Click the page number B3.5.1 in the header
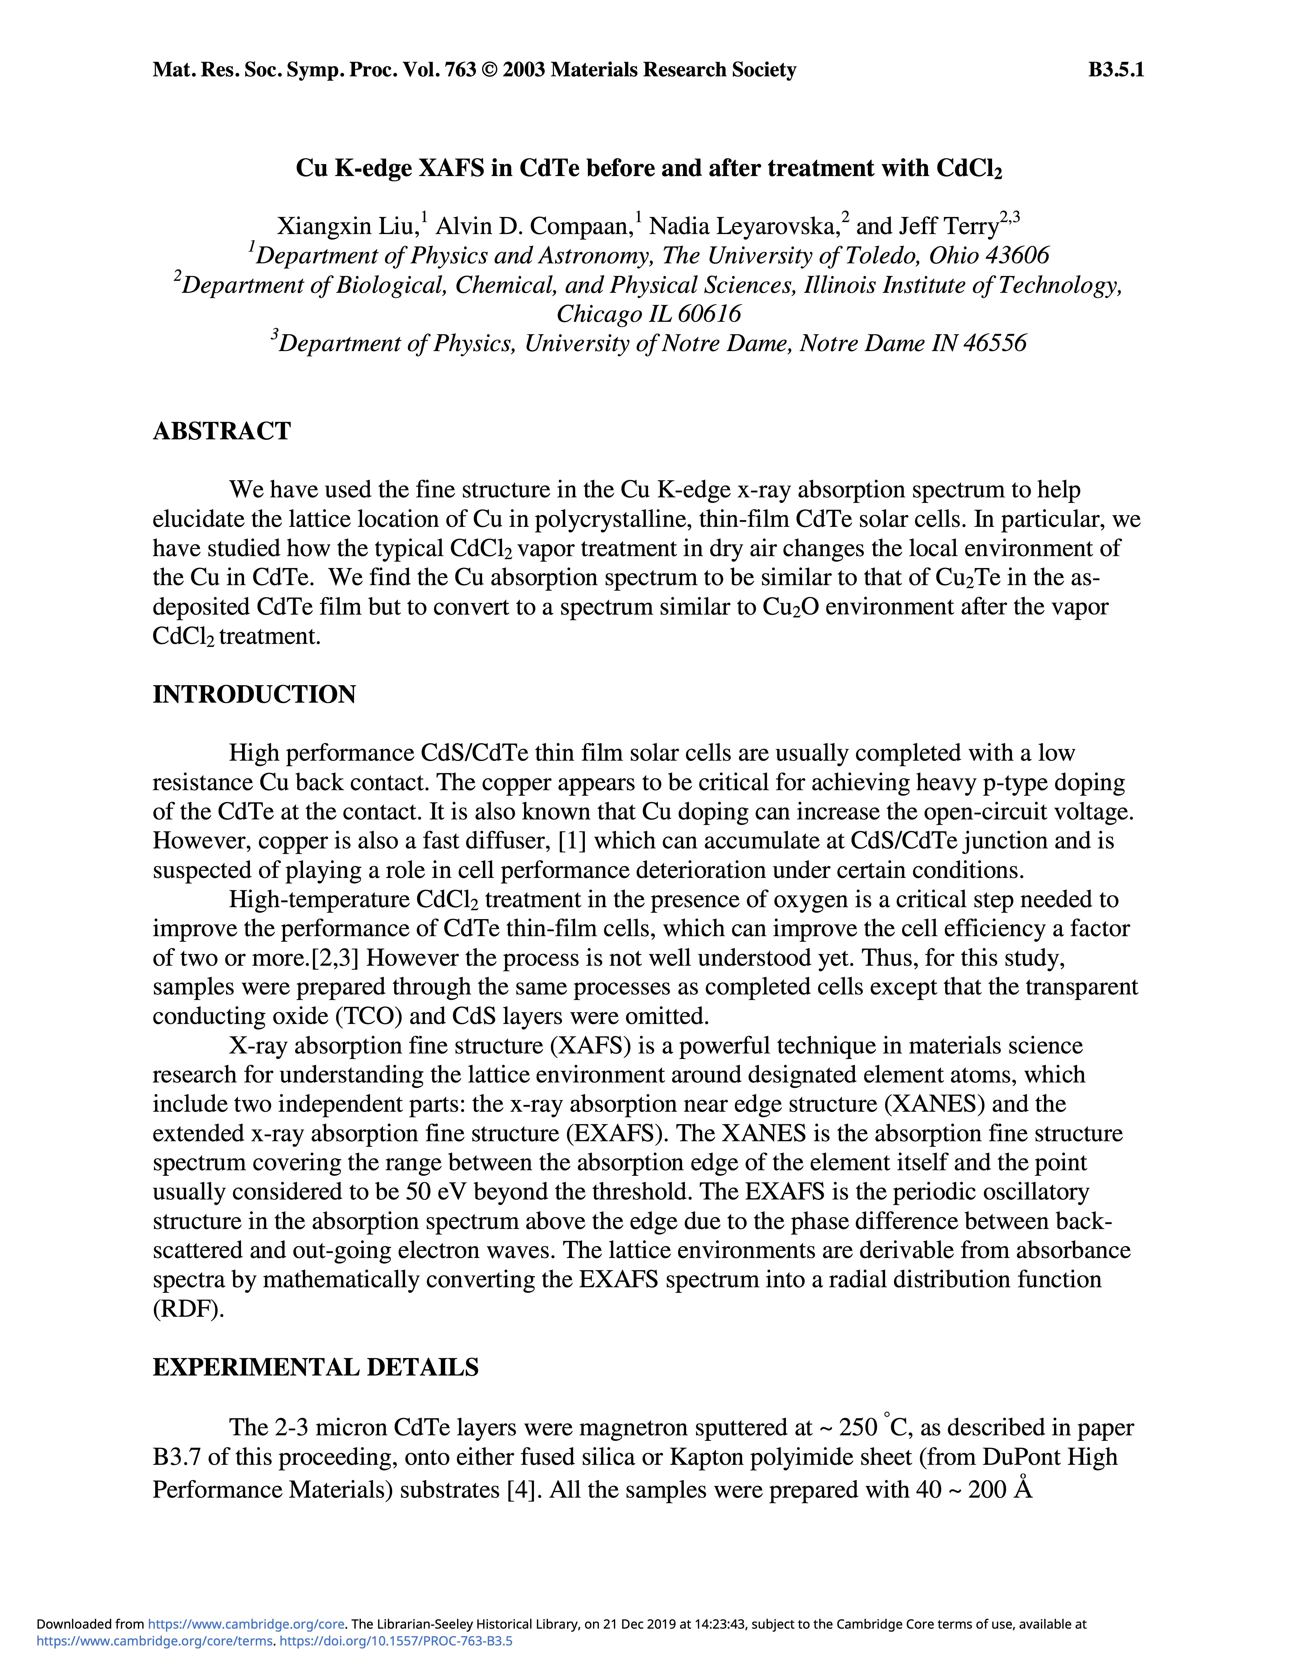pos(1116,70)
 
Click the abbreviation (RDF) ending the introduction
pos(188,1309)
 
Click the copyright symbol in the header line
pos(489,70)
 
